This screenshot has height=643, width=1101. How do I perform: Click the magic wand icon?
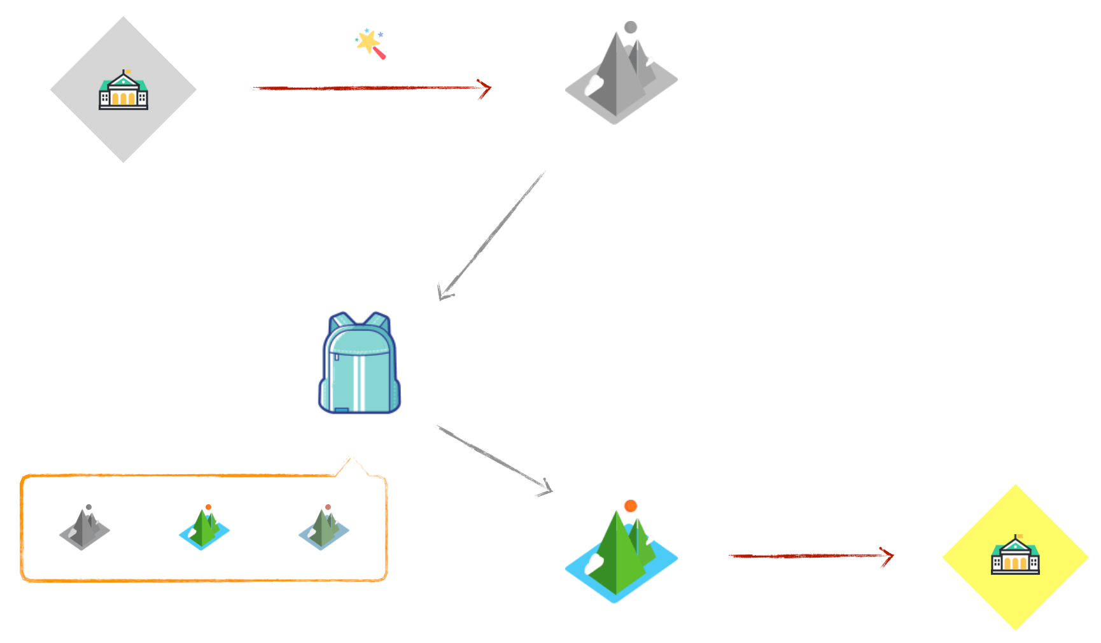point(370,44)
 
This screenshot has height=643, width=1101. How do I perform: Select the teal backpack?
point(360,365)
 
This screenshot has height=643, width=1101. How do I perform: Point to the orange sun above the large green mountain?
point(631,505)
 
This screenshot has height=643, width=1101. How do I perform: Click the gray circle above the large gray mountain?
point(631,27)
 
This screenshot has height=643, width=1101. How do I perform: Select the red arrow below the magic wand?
point(372,88)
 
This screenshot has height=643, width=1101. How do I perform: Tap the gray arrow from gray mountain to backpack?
point(491,235)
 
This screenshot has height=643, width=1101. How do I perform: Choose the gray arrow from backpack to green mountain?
point(494,459)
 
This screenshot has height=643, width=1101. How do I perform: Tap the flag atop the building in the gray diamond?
point(127,71)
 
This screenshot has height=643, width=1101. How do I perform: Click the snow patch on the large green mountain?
point(594,563)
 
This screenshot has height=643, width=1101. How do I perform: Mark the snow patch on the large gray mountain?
point(594,84)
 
